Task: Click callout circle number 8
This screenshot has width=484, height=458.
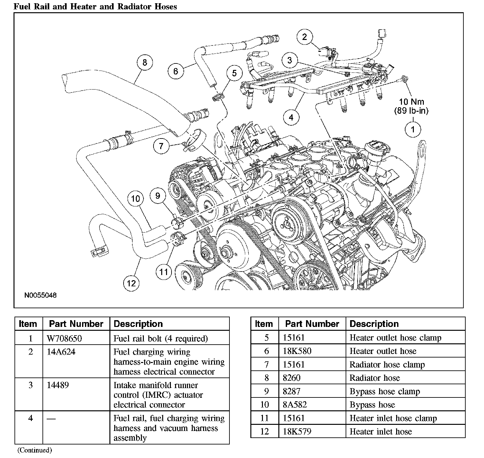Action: pyautogui.click(x=144, y=62)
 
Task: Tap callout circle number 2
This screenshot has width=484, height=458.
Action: pyautogui.click(x=304, y=37)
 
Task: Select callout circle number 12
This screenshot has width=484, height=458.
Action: pyautogui.click(x=131, y=283)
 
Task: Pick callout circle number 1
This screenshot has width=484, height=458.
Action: pyautogui.click(x=412, y=129)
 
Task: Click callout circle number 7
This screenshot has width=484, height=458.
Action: pyautogui.click(x=161, y=146)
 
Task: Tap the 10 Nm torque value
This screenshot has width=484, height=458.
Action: pyautogui.click(x=411, y=102)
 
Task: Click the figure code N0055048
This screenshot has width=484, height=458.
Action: pyautogui.click(x=41, y=295)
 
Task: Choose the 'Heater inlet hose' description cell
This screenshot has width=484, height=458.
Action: pyautogui.click(x=381, y=431)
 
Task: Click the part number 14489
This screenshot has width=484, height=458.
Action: pyautogui.click(x=58, y=385)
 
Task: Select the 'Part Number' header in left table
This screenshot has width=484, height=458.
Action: pyautogui.click(x=76, y=324)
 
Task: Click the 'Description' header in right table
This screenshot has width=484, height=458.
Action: pyautogui.click(x=374, y=324)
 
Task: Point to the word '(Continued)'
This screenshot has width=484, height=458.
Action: pyautogui.click(x=34, y=450)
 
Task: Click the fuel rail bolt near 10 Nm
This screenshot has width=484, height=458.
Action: pyautogui.click(x=404, y=79)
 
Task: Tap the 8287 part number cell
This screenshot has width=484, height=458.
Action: pyautogui.click(x=292, y=391)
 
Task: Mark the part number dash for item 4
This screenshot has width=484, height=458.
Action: pyautogui.click(x=51, y=419)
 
